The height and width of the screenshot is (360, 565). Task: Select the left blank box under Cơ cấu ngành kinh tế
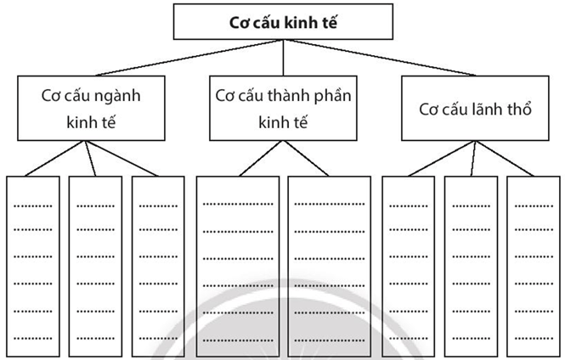pyautogui.click(x=33, y=259)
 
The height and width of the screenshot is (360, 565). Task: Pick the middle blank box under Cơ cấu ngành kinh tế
pyautogui.click(x=95, y=259)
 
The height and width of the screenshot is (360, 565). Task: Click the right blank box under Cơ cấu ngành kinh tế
pyautogui.click(x=158, y=259)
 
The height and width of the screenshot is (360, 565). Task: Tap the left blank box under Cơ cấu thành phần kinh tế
pyautogui.click(x=238, y=259)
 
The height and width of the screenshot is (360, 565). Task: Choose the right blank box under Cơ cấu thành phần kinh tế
pyautogui.click(x=329, y=259)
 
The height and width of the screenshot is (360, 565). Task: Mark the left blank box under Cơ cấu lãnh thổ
pyautogui.click(x=408, y=259)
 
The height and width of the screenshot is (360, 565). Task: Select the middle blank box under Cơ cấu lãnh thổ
pyautogui.click(x=470, y=259)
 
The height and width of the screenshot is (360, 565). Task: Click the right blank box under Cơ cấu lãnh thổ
pyautogui.click(x=531, y=259)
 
